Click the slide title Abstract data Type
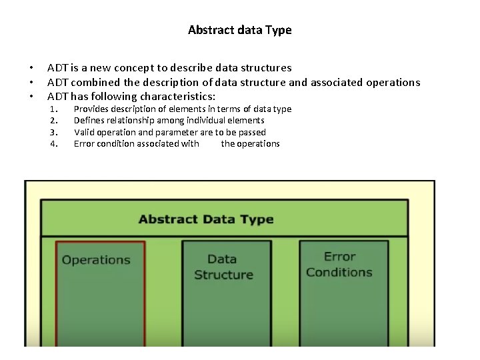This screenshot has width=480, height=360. (239, 30)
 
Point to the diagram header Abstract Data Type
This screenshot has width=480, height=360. (206, 219)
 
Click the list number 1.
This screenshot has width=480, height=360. (54, 109)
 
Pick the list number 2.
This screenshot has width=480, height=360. (54, 121)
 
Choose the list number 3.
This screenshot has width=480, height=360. (54, 132)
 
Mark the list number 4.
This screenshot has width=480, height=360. (54, 144)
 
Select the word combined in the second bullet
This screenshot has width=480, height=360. (95, 83)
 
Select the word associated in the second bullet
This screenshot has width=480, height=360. (340, 83)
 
